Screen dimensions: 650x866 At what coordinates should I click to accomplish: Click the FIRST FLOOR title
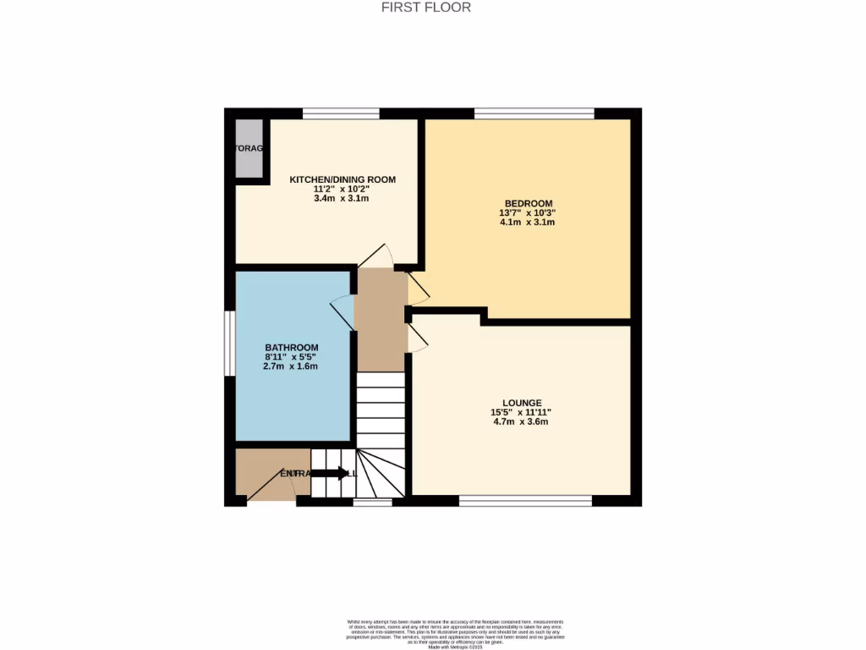[426, 8]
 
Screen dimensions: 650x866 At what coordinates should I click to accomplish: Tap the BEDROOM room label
[528, 203]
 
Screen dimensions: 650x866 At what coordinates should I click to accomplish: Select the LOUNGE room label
[521, 403]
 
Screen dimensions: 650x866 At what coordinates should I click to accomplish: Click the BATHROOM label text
[291, 348]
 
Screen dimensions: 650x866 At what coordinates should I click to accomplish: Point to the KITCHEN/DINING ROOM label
[343, 179]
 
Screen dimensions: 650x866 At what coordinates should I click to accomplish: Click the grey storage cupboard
[249, 148]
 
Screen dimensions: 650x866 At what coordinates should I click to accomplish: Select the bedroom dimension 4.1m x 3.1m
[528, 223]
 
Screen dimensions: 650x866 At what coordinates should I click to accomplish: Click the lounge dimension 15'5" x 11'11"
[521, 412]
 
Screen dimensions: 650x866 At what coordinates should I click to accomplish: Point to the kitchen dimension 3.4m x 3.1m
[343, 198]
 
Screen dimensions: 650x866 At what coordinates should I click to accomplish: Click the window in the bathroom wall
[228, 343]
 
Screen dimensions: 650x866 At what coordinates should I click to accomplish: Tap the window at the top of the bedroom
[534, 113]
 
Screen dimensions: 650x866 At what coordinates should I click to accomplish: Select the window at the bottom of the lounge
[525, 501]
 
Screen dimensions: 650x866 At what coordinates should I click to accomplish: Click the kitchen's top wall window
[341, 113]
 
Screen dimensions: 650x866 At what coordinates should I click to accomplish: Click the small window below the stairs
[372, 502]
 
